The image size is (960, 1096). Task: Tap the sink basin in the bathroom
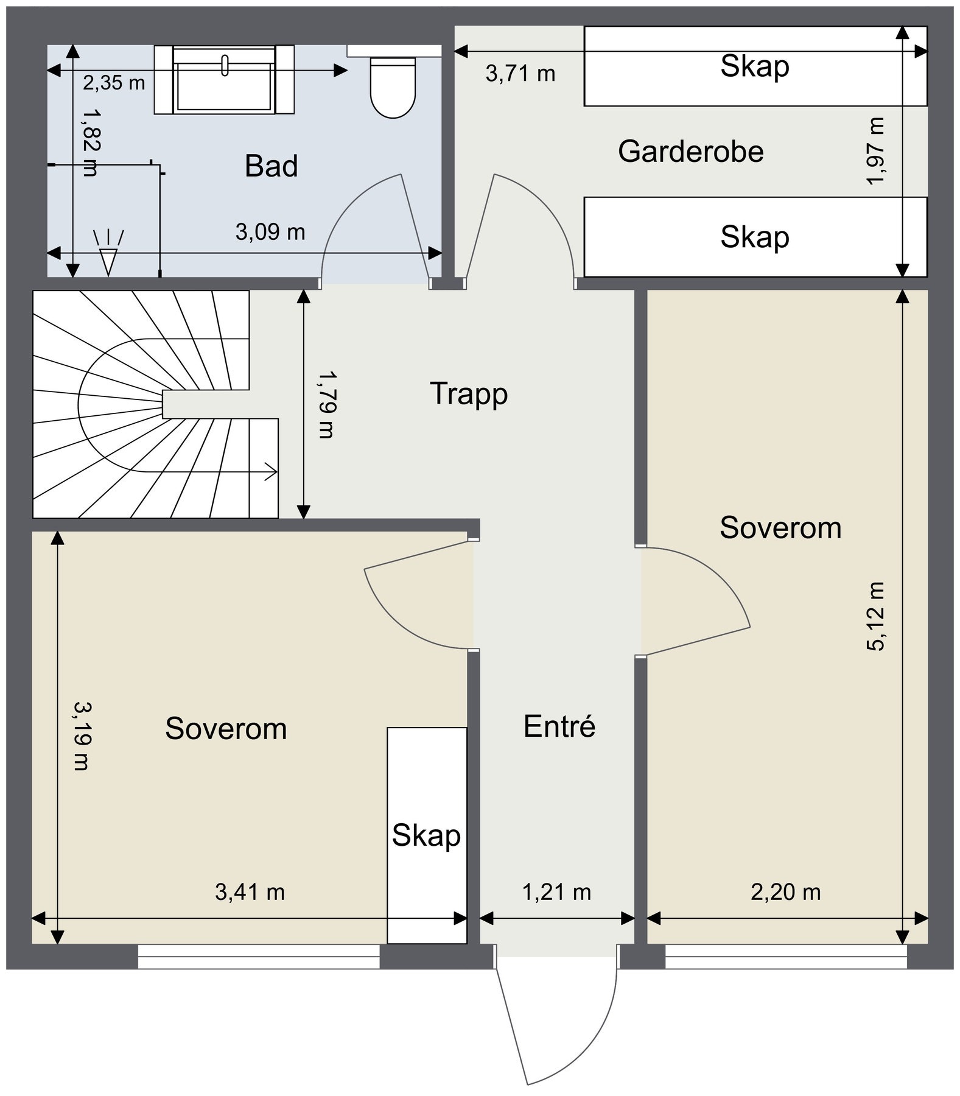[224, 79]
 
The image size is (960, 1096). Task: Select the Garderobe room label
[691, 152]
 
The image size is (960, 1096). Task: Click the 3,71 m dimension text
[520, 74]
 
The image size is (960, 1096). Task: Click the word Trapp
[469, 394]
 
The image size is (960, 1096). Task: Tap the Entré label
[559, 726]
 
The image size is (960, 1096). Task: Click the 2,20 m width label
[786, 892]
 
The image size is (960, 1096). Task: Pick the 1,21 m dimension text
[557, 892]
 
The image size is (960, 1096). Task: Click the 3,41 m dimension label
[250, 892]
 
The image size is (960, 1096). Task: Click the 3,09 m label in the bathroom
[270, 232]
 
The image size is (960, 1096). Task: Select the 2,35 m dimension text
[114, 83]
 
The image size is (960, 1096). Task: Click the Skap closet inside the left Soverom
[427, 835]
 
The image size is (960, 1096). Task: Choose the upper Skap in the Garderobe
[755, 66]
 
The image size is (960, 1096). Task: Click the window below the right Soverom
[786, 956]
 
